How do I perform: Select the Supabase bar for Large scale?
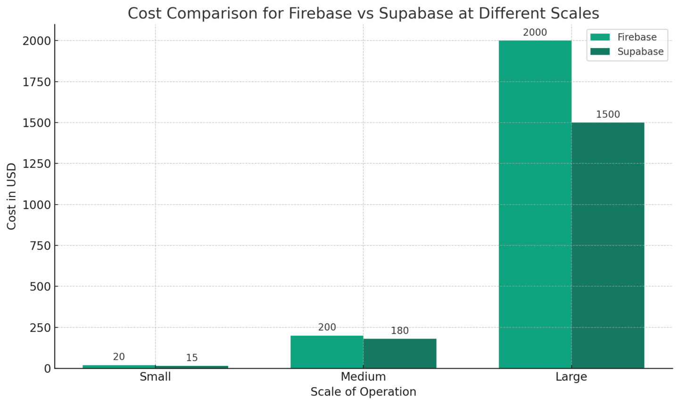(x=608, y=245)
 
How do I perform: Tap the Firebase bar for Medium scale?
(x=327, y=352)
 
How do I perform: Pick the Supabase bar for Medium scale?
(x=400, y=353)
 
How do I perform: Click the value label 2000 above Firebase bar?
(x=535, y=33)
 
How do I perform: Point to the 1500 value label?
(x=608, y=115)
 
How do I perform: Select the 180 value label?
(x=400, y=331)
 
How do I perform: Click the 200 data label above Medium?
(x=327, y=327)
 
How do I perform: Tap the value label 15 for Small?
(x=192, y=358)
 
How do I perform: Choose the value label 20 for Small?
(x=119, y=357)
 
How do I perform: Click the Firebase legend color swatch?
(x=600, y=37)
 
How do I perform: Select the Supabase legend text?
(x=640, y=51)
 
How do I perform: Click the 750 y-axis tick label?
(x=40, y=246)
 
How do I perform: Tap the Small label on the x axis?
(x=155, y=377)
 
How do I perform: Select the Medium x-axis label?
(x=363, y=377)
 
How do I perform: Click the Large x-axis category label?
(x=571, y=377)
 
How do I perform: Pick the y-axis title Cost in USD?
(x=12, y=196)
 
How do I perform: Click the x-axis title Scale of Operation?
(x=363, y=392)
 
